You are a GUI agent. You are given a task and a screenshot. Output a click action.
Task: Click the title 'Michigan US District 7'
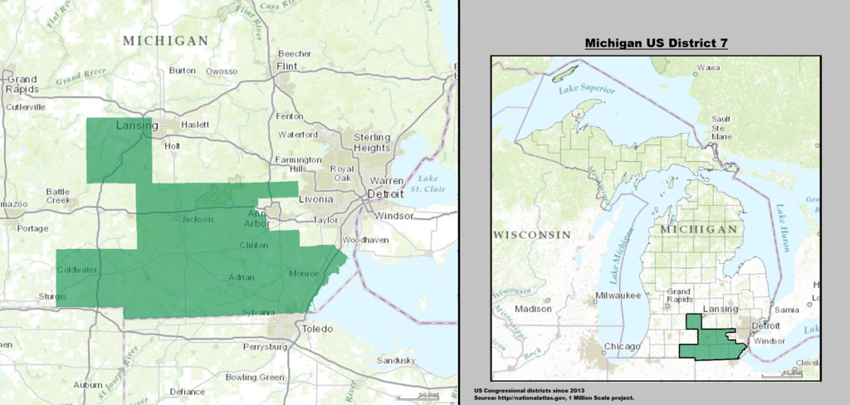click(656, 42)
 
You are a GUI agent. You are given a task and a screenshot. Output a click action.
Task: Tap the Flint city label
click(286, 65)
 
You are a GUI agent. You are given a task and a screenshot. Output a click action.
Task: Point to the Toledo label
click(316, 329)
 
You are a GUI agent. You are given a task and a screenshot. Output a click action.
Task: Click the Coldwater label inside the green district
click(77, 270)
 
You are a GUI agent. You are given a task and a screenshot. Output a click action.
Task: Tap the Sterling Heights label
click(372, 142)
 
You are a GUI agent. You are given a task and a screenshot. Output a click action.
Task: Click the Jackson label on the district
click(198, 220)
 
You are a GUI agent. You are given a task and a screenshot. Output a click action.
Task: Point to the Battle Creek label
click(58, 196)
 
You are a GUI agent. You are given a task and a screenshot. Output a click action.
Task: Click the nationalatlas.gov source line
click(554, 398)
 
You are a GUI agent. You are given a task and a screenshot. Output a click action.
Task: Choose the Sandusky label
click(395, 360)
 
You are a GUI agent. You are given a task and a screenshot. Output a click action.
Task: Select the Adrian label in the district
click(242, 276)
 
